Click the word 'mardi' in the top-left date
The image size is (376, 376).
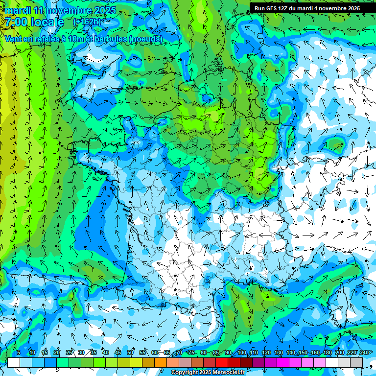click(x=18, y=10)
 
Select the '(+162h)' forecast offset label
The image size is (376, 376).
click(x=87, y=22)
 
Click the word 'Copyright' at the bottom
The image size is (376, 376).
click(x=184, y=373)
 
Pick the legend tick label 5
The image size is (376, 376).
click(x=19, y=353)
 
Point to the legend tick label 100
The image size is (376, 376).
click(x=242, y=353)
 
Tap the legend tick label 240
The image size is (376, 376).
click(x=364, y=353)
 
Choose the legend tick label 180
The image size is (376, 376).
click(x=328, y=353)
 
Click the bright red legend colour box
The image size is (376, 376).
click(x=222, y=362)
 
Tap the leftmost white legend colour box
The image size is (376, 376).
click(x=14, y=362)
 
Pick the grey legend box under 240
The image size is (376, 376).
click(x=356, y=362)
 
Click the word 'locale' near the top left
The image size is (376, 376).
click(x=47, y=22)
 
